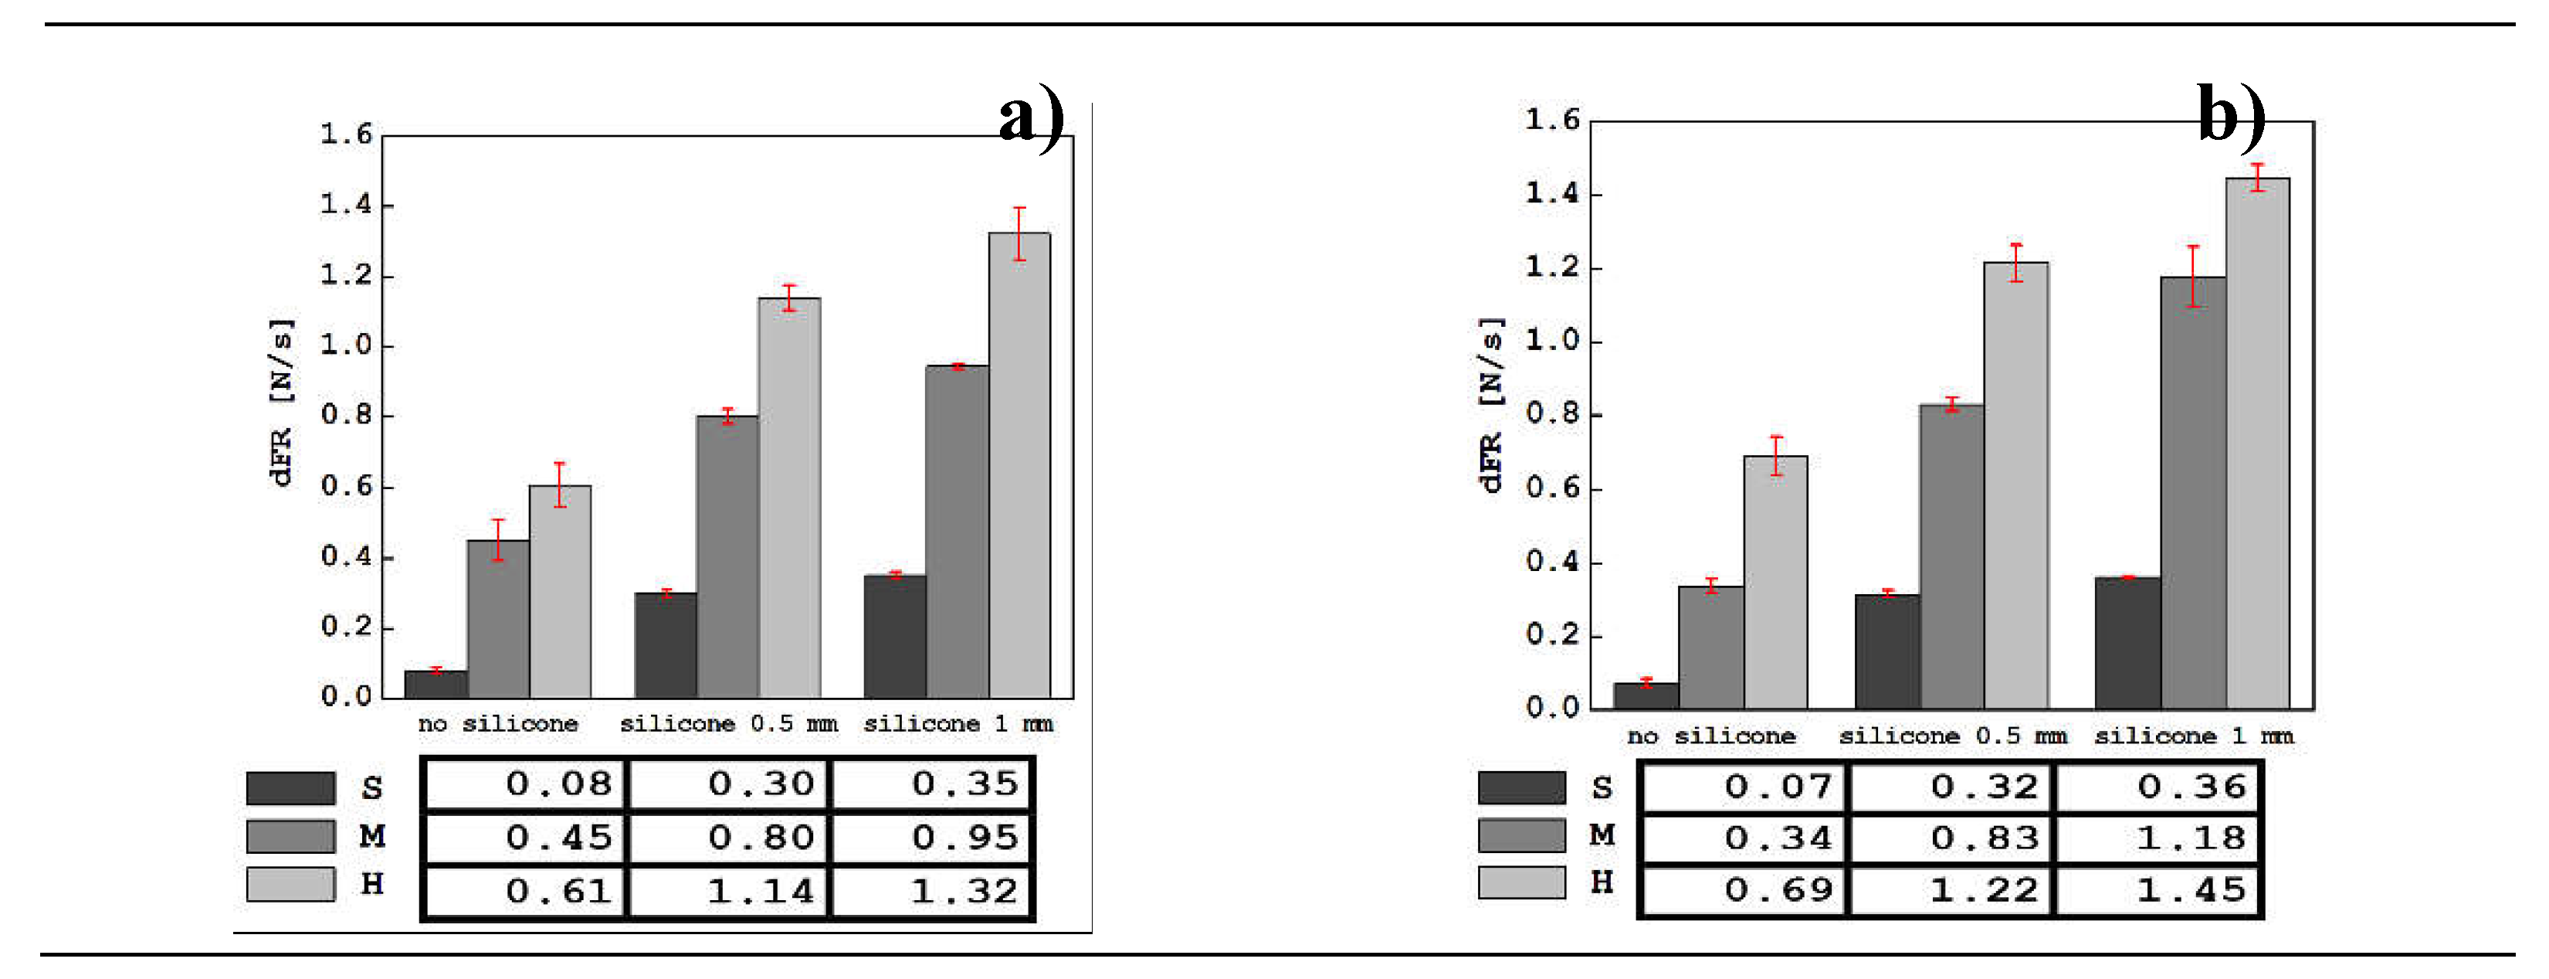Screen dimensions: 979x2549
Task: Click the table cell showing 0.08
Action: [x=525, y=784]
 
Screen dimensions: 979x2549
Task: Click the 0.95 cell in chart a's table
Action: [x=932, y=838]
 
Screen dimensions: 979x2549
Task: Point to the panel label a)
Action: [x=1030, y=117]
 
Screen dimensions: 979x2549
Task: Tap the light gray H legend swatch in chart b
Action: [x=1521, y=882]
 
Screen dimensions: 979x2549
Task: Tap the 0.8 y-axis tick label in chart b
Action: [x=1551, y=413]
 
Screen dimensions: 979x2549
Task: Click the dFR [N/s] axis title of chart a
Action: [x=281, y=402]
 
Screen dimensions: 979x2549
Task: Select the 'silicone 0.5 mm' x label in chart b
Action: [x=1951, y=736]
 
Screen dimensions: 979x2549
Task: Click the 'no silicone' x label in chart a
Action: [x=498, y=723]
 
